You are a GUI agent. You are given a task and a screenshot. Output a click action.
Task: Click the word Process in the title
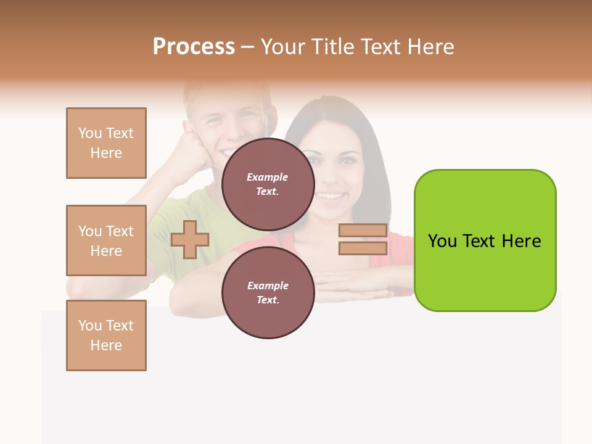tap(194, 47)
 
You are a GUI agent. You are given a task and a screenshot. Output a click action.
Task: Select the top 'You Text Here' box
tap(106, 143)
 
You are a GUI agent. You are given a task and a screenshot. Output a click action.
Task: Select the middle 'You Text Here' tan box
tap(106, 240)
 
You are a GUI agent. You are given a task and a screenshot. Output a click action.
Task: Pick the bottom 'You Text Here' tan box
tap(106, 335)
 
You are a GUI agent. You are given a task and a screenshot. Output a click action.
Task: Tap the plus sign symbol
tap(190, 239)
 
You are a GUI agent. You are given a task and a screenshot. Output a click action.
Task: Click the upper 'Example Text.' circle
tap(268, 184)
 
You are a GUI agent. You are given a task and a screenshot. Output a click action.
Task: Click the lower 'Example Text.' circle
tap(268, 292)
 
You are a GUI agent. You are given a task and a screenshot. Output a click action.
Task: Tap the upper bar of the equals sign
tap(363, 230)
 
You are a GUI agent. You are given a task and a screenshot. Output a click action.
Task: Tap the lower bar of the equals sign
tap(363, 248)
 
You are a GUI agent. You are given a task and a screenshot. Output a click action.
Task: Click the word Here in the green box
tap(521, 241)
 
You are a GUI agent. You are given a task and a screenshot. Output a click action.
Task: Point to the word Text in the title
tap(379, 47)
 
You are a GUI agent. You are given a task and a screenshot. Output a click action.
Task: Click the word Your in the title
tap(282, 47)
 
